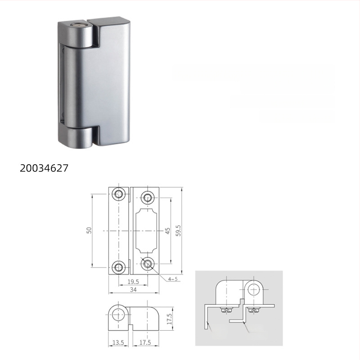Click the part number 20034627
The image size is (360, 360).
44,168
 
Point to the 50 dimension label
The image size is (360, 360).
89,230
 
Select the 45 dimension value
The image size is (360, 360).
167,230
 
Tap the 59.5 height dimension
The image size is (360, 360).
179,230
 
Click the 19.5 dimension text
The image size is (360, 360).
133,282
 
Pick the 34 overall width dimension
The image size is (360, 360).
133,290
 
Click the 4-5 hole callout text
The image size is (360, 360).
172,279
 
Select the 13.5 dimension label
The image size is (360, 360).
117,343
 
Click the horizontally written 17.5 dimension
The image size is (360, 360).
145,343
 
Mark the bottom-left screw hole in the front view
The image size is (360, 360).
119,267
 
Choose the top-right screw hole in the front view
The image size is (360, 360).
147,197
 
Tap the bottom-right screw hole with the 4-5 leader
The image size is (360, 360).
147,264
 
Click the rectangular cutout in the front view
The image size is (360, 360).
147,230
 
